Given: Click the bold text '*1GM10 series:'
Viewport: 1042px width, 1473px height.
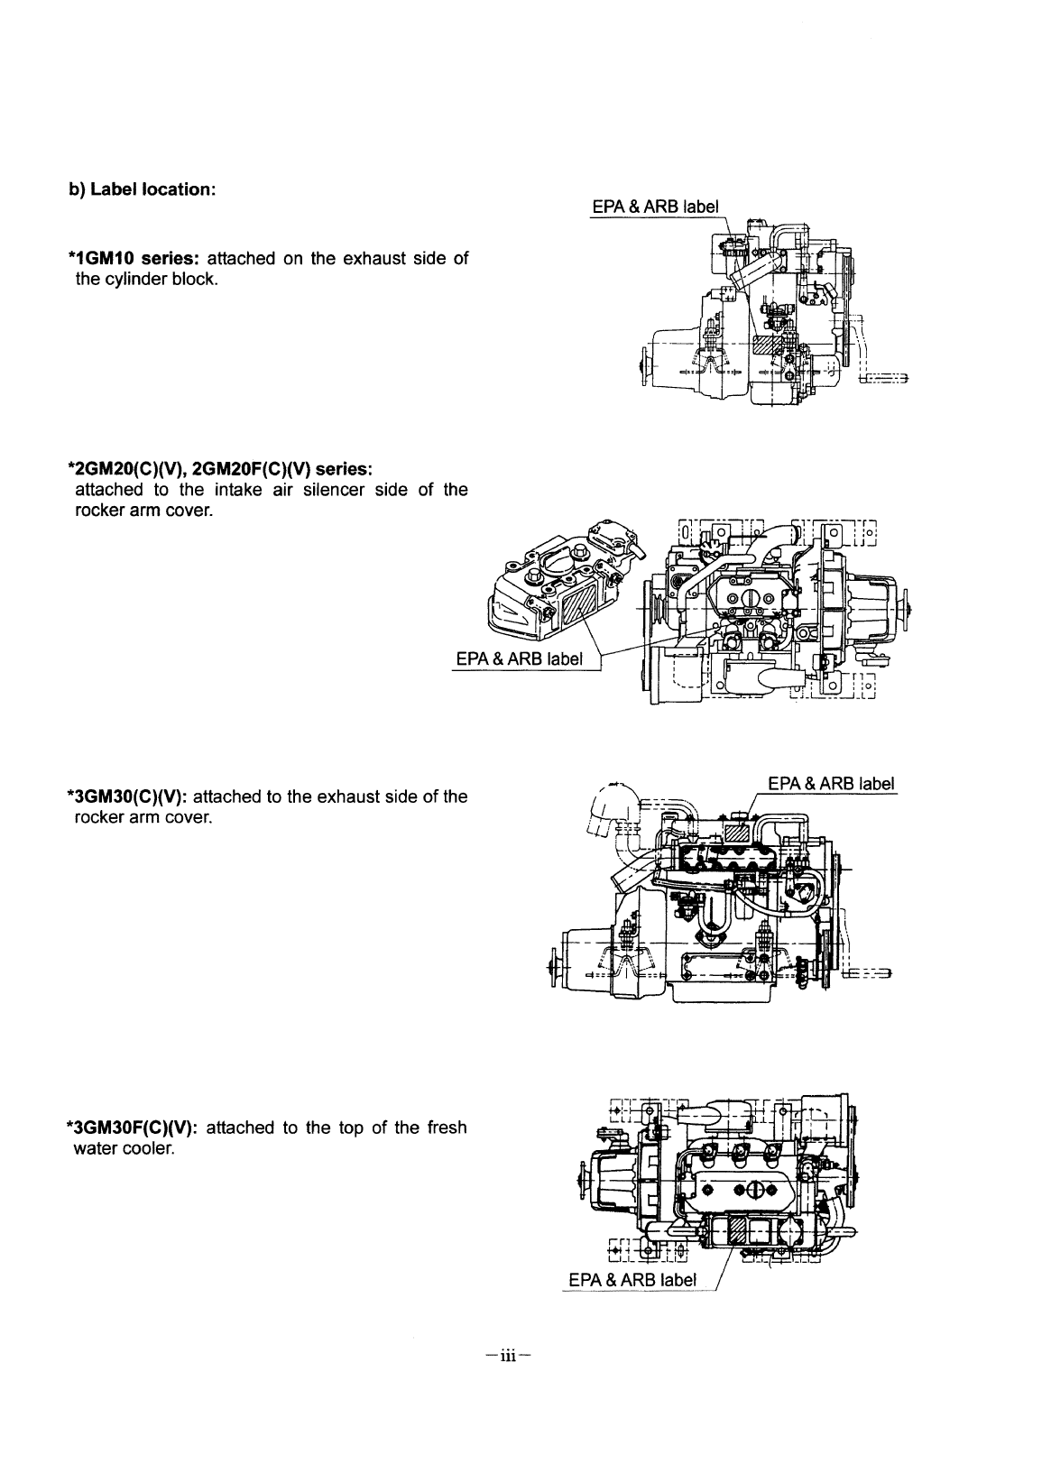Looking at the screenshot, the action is [133, 259].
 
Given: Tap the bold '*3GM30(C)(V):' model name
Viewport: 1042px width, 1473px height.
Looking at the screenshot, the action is [127, 796].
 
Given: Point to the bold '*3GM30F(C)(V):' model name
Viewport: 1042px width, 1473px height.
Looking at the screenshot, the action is [132, 1128].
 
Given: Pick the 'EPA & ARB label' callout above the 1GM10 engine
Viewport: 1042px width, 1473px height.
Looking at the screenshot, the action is [655, 206].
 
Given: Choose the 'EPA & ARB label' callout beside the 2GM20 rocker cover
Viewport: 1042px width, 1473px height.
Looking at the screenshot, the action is [519, 658].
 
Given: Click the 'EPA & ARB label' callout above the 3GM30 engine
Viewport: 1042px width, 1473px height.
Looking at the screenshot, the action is [830, 782].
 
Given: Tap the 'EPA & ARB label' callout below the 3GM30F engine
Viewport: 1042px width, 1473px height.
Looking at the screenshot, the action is [632, 1280].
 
